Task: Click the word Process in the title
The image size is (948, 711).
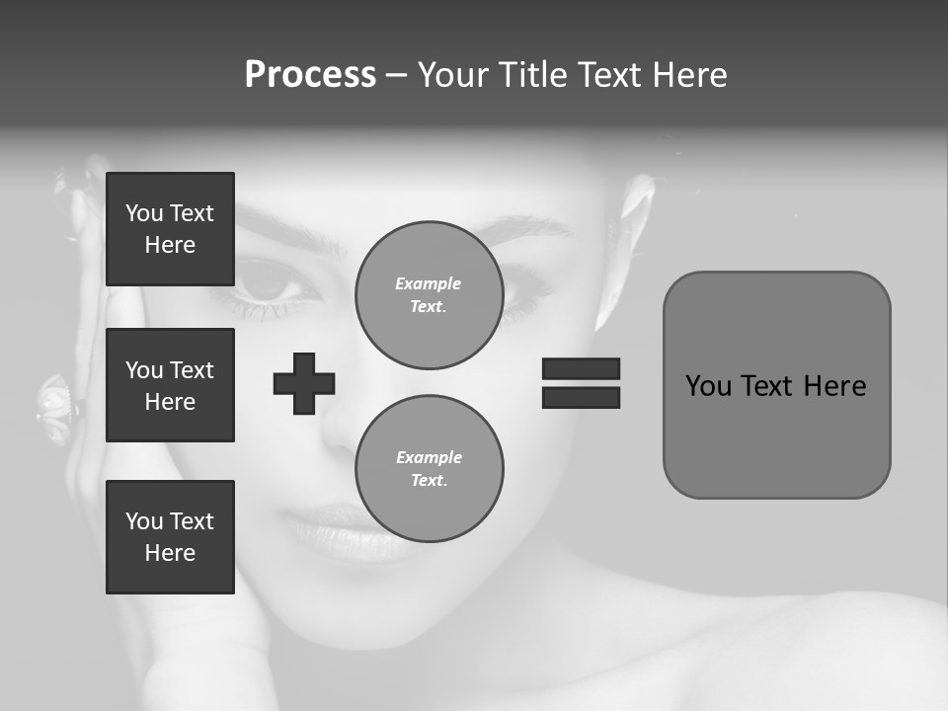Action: (310, 75)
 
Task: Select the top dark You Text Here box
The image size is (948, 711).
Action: (170, 229)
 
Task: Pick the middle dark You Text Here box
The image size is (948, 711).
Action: (170, 385)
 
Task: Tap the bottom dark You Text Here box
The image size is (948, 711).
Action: (170, 536)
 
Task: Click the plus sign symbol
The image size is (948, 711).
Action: (304, 383)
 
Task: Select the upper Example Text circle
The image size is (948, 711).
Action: (429, 295)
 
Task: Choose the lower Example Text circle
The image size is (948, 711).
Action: (429, 468)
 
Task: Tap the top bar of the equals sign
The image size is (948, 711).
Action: (581, 368)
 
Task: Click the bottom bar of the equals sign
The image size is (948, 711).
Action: (581, 397)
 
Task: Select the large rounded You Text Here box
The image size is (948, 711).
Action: (776, 384)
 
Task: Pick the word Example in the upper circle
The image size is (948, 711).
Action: (429, 283)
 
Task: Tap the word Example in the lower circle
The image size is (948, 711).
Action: (429, 457)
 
